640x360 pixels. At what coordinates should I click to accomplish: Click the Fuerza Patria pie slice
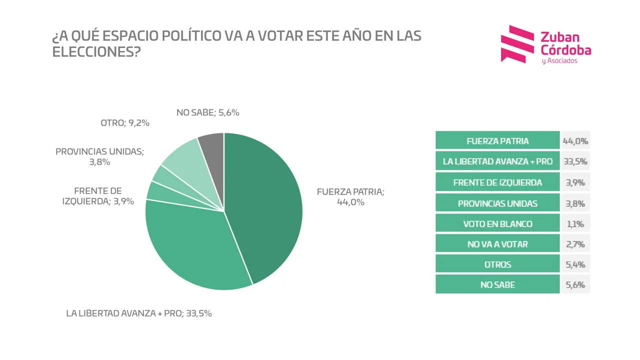(x=265, y=205)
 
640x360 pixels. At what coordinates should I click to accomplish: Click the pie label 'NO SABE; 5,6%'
(x=208, y=112)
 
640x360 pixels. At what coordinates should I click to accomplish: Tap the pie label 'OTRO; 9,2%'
(x=125, y=122)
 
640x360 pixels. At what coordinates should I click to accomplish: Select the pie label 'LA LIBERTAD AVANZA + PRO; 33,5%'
(x=139, y=313)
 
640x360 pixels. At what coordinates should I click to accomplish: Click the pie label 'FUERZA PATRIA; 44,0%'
(x=350, y=197)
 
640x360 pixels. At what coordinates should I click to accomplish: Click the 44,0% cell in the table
(x=575, y=141)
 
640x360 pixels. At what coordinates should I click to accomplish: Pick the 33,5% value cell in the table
(x=575, y=161)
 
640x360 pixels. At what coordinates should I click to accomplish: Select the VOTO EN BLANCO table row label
(x=497, y=223)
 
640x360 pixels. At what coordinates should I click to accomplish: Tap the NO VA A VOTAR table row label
(x=497, y=244)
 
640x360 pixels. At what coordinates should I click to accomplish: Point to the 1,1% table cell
(x=575, y=223)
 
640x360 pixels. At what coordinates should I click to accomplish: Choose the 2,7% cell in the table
(x=575, y=244)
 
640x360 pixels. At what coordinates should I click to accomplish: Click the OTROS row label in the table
(x=497, y=264)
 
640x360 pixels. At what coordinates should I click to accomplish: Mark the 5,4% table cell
(x=575, y=264)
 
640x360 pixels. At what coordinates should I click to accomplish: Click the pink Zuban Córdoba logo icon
(x=517, y=44)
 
